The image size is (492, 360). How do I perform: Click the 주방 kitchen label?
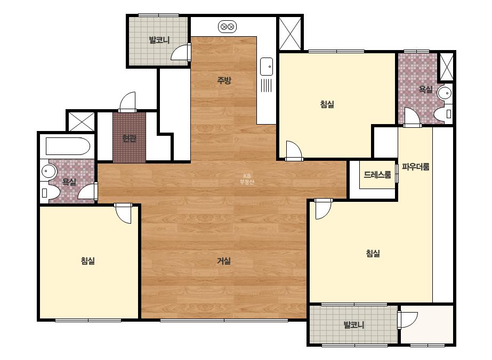click(x=224, y=80)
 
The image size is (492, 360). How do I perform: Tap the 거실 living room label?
click(x=224, y=260)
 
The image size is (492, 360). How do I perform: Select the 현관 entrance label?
click(x=130, y=138)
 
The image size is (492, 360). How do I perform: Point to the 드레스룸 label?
click(x=377, y=175)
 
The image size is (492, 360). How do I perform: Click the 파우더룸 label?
click(x=415, y=167)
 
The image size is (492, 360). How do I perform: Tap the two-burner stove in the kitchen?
click(x=227, y=27)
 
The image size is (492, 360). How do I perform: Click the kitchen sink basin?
click(x=267, y=67)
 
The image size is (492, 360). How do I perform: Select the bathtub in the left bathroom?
click(x=68, y=146)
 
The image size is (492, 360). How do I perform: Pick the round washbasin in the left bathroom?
click(x=49, y=171)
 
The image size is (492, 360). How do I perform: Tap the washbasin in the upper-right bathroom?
click(x=445, y=93)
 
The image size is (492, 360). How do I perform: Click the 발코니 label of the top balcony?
click(x=159, y=40)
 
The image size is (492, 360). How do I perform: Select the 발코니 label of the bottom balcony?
click(x=353, y=325)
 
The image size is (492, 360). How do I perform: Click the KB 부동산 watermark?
click(x=247, y=179)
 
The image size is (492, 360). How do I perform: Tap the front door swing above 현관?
click(x=128, y=102)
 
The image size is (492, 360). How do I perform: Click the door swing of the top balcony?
click(x=181, y=52)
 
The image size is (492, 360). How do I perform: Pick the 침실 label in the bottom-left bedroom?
click(x=88, y=260)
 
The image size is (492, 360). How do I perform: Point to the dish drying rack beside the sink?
click(x=266, y=85)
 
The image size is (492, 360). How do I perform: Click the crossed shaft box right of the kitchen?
click(x=290, y=33)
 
